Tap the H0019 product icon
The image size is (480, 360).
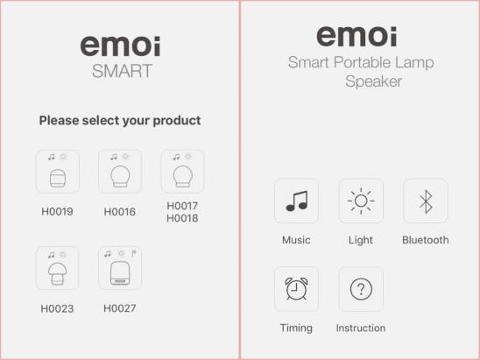[57, 172]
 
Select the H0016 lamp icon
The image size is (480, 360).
[120, 172]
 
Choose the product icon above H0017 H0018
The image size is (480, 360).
[182, 172]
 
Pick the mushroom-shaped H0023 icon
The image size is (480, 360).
[57, 268]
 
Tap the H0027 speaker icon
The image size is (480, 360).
[120, 268]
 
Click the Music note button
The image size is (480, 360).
[296, 201]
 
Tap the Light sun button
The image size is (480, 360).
[361, 201]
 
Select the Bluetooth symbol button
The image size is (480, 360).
[426, 201]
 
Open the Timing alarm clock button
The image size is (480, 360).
[296, 289]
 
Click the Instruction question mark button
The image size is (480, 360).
[361, 289]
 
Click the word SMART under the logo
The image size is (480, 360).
[122, 71]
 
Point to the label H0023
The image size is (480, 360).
[57, 308]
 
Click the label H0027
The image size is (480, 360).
[120, 308]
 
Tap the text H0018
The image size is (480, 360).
[182, 218]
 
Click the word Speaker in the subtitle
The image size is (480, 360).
[373, 81]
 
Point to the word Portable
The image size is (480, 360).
[362, 62]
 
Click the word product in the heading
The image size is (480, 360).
[177, 121]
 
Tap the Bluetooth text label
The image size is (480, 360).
[426, 240]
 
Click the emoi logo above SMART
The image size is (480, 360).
[120, 46]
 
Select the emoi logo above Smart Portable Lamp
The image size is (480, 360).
[357, 36]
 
